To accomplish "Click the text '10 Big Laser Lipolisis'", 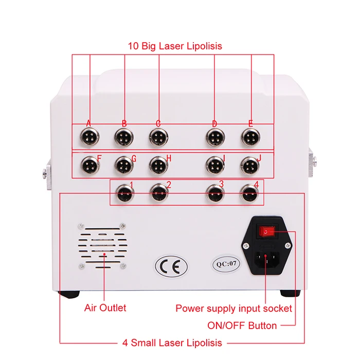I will coord(175,46).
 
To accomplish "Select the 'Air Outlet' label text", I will coord(105,308).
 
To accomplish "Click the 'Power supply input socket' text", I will coord(234,309).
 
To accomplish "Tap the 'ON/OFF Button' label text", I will coord(242,325).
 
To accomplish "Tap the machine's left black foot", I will coord(68,295).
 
